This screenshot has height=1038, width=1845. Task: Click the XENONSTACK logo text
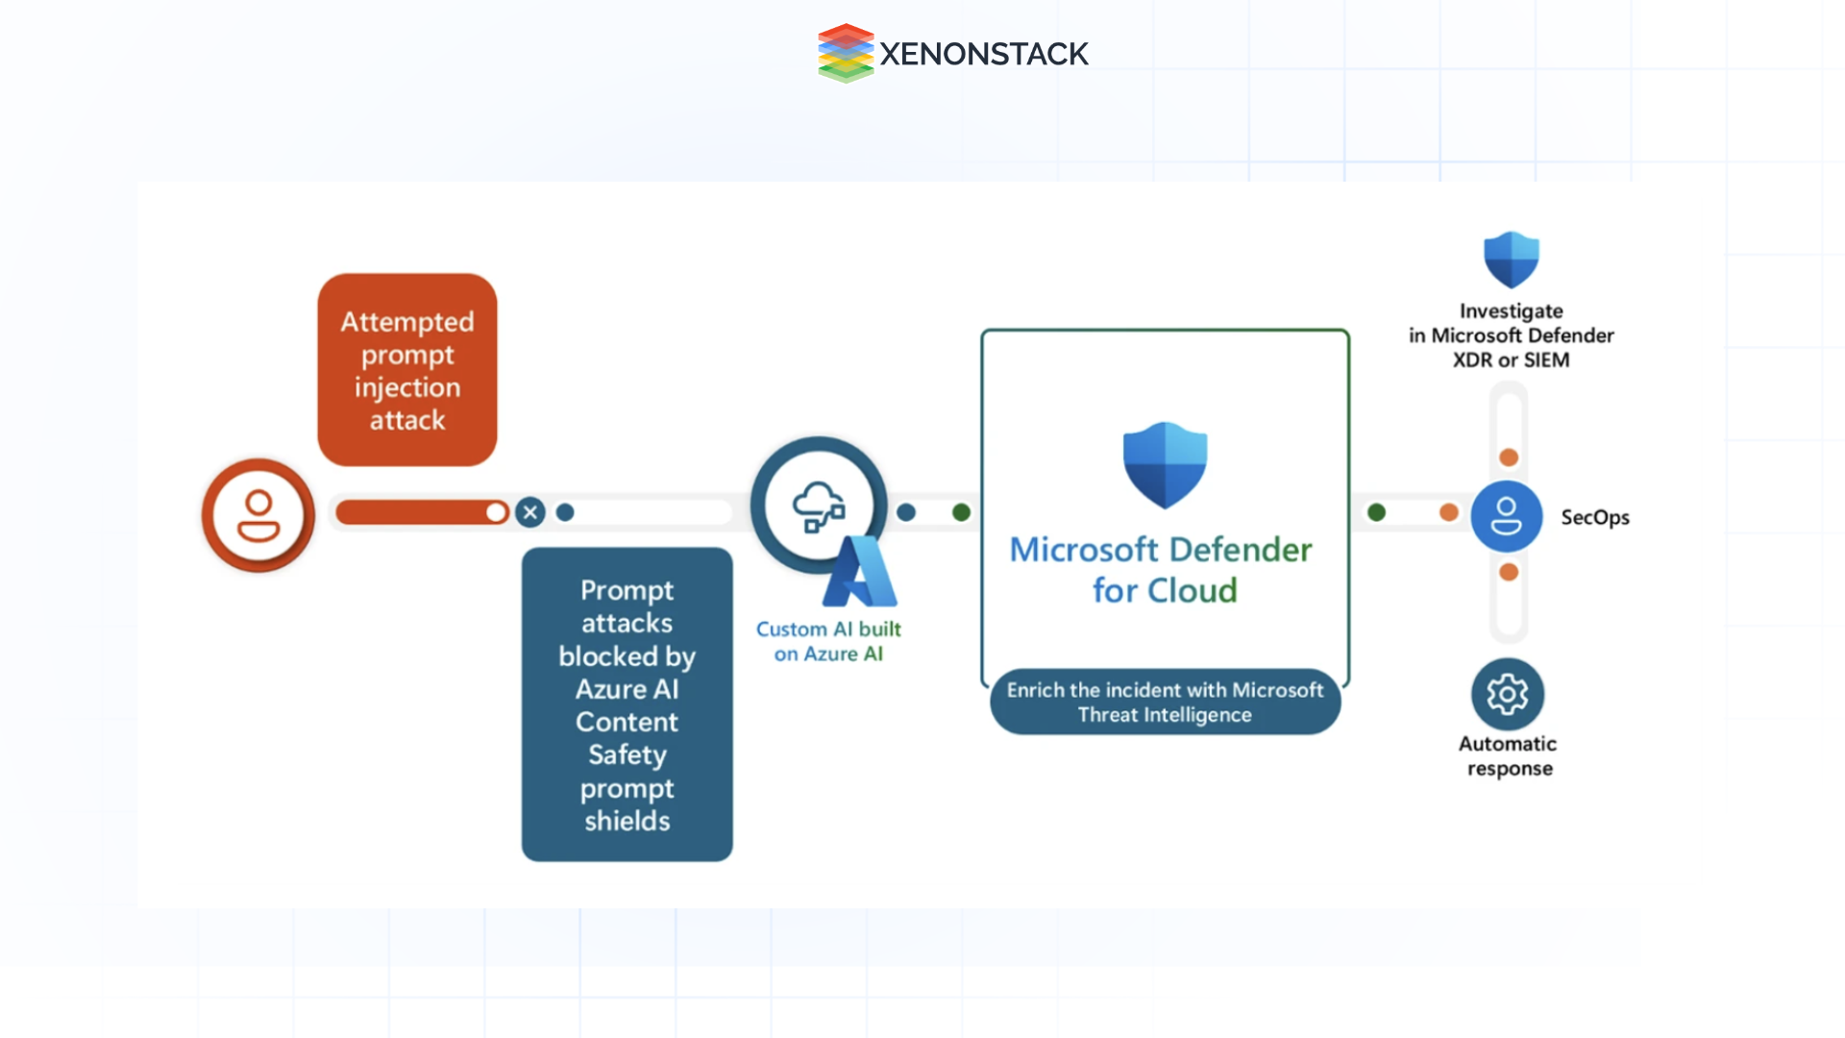tap(983, 54)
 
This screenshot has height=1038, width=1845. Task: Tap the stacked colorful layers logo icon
tap(845, 53)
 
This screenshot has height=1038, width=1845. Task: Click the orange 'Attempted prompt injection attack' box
tap(407, 370)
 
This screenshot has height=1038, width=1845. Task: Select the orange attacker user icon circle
tap(258, 516)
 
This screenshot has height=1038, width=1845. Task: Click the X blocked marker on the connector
tap(529, 512)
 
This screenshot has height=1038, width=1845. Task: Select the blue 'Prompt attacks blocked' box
tap(627, 704)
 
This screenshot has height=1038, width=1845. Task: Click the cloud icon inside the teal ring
tap(817, 506)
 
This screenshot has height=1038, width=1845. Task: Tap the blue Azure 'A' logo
tap(861, 574)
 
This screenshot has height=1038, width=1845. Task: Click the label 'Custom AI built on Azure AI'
tap(828, 641)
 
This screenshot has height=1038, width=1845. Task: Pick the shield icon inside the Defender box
tap(1165, 465)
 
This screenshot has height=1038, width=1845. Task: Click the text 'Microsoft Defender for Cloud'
tap(1162, 569)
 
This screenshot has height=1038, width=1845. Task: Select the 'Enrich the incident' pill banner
tap(1165, 703)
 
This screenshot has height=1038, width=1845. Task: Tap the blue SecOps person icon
tap(1506, 516)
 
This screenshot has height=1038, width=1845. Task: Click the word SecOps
tap(1594, 517)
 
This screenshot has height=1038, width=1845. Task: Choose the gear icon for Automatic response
tap(1507, 694)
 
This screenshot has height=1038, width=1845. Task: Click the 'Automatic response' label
tap(1508, 755)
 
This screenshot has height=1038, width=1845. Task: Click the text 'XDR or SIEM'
tap(1511, 360)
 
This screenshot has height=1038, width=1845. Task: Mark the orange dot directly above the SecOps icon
tap(1509, 457)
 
